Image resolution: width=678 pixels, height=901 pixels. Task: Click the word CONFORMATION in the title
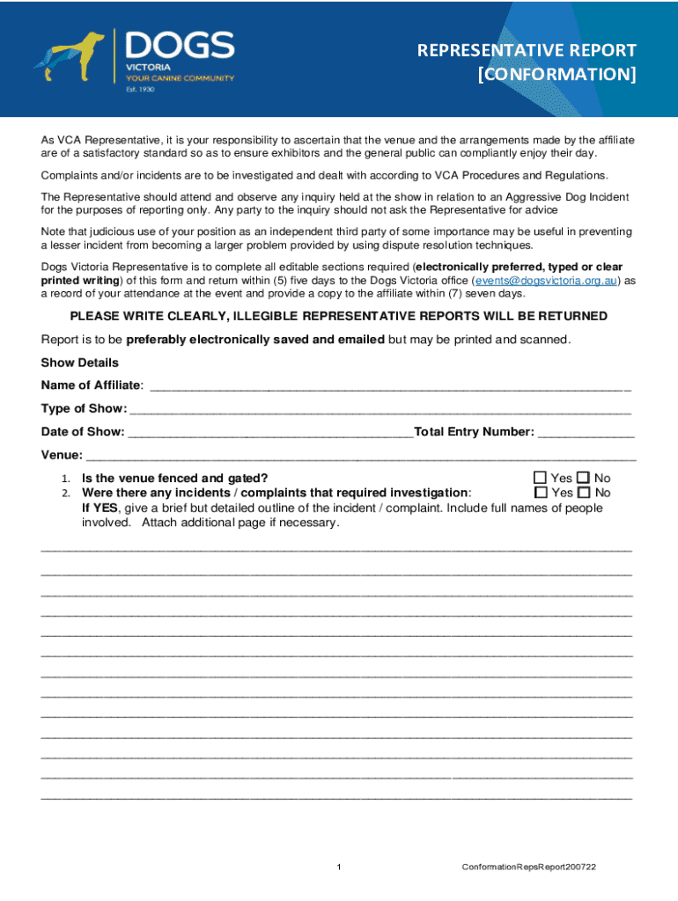click(x=558, y=74)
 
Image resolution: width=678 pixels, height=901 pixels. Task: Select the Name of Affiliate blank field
click(x=391, y=385)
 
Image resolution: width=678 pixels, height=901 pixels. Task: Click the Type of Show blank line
click(x=380, y=409)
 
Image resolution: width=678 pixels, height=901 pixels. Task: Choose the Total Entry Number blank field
click(x=586, y=432)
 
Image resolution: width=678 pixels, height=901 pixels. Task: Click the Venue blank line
click(x=360, y=456)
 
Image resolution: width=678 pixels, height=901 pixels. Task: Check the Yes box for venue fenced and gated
click(x=541, y=479)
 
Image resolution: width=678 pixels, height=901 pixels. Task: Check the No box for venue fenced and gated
click(x=585, y=479)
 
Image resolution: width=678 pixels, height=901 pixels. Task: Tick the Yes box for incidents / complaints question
click(x=541, y=493)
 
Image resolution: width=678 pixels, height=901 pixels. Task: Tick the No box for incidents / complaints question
click(x=585, y=493)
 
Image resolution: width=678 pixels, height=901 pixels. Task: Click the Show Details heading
click(x=79, y=363)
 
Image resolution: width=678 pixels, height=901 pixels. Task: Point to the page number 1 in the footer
click(x=339, y=868)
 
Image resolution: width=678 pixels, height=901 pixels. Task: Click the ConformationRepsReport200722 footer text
click(x=529, y=868)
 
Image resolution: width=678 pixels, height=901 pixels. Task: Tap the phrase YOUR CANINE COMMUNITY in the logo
click(x=181, y=77)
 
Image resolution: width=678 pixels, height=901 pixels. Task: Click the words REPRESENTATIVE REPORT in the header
click(x=527, y=50)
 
